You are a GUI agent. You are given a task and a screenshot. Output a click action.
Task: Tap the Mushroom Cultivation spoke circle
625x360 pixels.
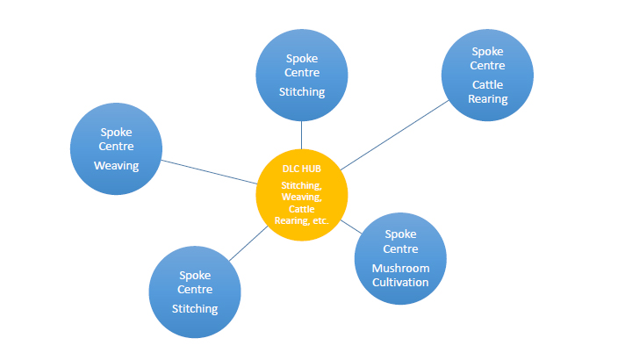399,258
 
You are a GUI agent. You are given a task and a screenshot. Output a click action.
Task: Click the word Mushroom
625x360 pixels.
400,268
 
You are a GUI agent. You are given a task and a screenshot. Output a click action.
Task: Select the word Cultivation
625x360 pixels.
400,282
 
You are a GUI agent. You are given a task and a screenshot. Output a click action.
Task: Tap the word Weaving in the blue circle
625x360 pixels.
116,164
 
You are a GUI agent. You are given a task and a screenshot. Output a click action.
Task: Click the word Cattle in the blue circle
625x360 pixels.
488,84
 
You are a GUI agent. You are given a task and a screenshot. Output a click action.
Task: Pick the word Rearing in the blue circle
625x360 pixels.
488,98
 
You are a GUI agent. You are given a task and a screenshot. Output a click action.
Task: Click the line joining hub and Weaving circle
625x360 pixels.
208,171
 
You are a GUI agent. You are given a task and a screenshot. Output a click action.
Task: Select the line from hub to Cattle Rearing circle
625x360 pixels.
395,133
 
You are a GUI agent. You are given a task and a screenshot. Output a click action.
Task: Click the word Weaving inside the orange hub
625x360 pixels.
301,197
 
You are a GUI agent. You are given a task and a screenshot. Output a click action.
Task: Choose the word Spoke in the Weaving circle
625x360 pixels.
116,132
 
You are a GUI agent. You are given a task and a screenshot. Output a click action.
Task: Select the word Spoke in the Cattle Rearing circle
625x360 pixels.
488,52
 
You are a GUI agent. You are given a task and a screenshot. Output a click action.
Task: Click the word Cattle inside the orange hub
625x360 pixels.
301,209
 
